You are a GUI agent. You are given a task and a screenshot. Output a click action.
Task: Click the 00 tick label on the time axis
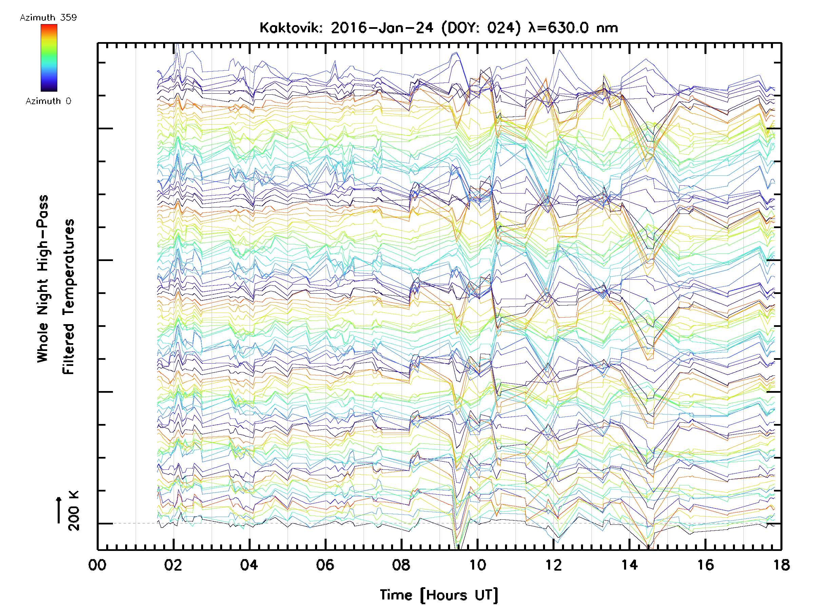pyautogui.click(x=97, y=564)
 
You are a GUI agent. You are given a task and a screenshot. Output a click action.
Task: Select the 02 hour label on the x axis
pyautogui.click(x=173, y=564)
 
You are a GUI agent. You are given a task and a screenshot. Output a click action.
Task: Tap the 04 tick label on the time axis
pyautogui.click(x=249, y=564)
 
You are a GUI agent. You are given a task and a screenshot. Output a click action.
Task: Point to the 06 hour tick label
pyautogui.click(x=325, y=564)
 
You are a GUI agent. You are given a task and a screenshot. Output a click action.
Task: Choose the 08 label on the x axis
pyautogui.click(x=401, y=564)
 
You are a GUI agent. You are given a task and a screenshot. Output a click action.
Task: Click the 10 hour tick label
pyautogui.click(x=477, y=564)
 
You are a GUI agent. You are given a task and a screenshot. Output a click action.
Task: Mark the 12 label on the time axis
pyautogui.click(x=553, y=564)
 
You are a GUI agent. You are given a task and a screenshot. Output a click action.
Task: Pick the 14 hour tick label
pyautogui.click(x=629, y=564)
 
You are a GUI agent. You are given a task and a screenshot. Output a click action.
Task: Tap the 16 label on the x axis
pyautogui.click(x=705, y=564)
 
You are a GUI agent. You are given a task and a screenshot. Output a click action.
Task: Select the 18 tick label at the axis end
pyautogui.click(x=781, y=564)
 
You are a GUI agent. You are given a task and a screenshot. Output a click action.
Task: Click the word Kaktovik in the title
pyautogui.click(x=291, y=28)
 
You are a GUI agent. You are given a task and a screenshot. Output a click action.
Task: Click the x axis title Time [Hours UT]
pyautogui.click(x=439, y=595)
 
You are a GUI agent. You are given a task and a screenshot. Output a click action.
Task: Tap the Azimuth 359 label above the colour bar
pyautogui.click(x=48, y=18)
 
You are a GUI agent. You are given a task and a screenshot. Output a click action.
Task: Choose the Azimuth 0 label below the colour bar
pyautogui.click(x=48, y=101)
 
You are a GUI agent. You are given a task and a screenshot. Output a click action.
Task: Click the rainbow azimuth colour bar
pyautogui.click(x=49, y=58)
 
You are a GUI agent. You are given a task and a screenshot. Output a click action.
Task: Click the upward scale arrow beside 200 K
pyautogui.click(x=59, y=510)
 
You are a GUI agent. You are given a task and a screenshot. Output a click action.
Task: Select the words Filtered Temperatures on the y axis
pyautogui.click(x=69, y=296)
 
